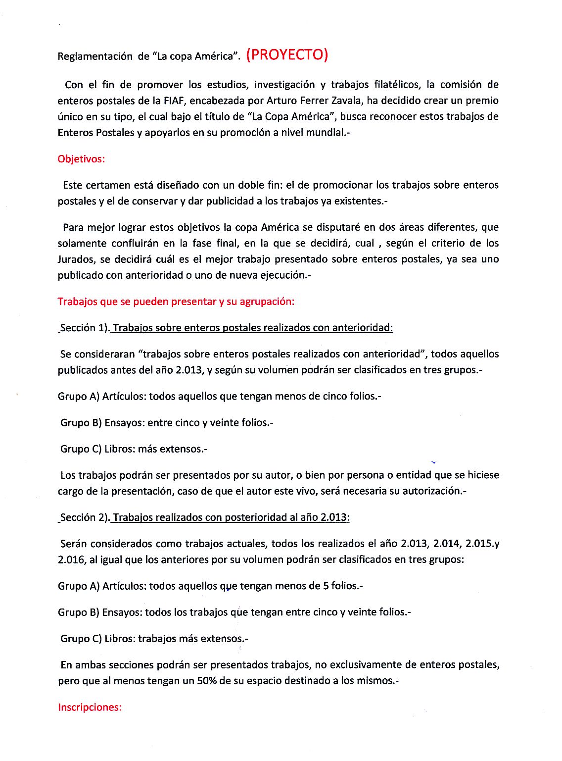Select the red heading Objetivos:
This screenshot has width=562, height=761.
point(81,159)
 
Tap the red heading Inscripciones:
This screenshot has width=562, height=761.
point(90,707)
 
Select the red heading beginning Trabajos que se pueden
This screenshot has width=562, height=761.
point(176,302)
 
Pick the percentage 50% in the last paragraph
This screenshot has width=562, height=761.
point(207,681)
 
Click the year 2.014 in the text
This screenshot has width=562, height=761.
point(447,544)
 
